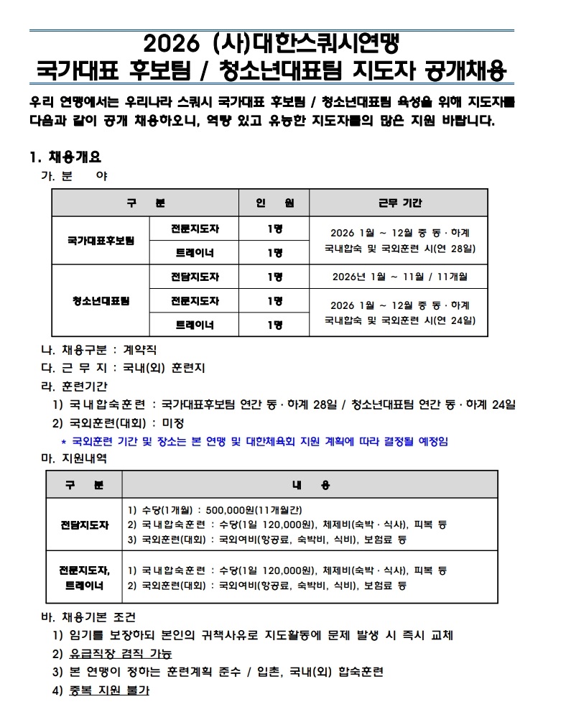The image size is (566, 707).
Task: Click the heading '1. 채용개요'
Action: [x=65, y=157]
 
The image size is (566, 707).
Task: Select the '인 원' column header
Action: [x=274, y=203]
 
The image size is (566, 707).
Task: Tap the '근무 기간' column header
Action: [x=400, y=203]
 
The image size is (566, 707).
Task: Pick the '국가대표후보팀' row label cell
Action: [x=100, y=241]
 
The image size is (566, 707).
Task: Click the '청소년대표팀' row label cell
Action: [x=100, y=300]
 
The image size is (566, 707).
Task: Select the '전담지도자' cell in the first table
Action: [x=195, y=276]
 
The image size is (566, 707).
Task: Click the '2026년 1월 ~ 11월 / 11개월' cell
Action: [x=400, y=276]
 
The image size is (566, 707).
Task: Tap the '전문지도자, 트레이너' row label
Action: [x=84, y=578]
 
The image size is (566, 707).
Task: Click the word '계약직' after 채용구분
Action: [x=144, y=350]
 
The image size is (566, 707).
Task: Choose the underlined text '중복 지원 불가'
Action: [x=108, y=690]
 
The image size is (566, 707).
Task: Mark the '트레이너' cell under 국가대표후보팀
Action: [x=195, y=252]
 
